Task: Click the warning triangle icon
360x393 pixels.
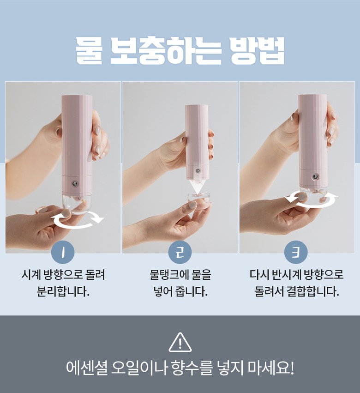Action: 180,342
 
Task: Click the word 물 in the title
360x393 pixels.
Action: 89,51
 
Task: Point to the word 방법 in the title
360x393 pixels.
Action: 258,51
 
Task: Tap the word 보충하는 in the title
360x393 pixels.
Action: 166,51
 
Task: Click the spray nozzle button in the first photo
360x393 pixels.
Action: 75,184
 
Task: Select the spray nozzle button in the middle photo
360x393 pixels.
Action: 197,171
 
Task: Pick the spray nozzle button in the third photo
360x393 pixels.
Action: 314,177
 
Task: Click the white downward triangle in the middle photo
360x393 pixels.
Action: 197,187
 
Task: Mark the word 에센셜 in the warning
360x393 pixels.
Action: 87,368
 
